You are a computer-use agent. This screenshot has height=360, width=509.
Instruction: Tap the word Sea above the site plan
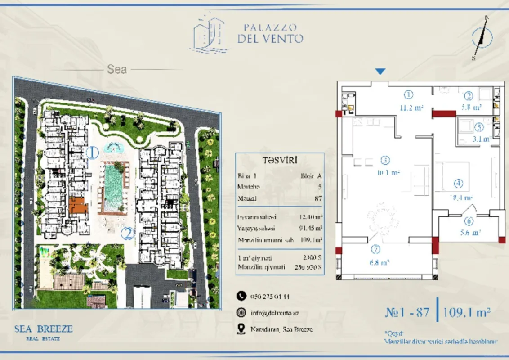(117, 70)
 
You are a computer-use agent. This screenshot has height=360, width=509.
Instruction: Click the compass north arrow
(482, 37)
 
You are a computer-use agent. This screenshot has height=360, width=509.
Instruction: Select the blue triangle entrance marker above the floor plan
(380, 71)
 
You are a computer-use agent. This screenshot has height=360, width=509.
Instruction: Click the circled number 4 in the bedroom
(458, 184)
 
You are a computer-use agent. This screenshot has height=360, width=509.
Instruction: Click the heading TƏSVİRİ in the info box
(279, 160)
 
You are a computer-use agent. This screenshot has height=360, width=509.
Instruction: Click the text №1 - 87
(407, 312)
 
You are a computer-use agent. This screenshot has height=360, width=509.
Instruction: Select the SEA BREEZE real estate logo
(43, 331)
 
